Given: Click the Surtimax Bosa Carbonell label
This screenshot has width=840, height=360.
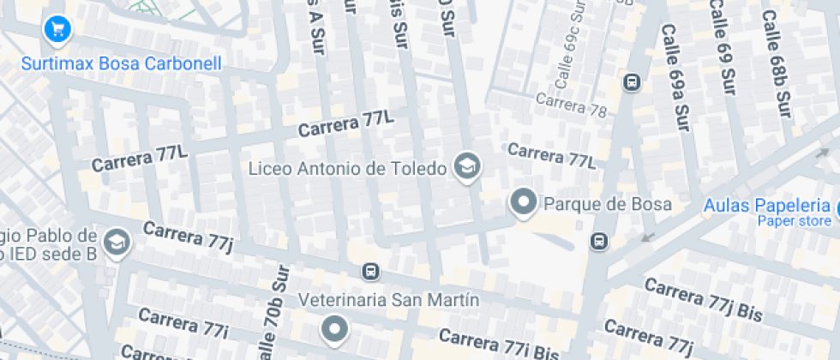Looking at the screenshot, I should [x=121, y=63].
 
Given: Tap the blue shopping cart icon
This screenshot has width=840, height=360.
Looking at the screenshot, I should [x=57, y=30].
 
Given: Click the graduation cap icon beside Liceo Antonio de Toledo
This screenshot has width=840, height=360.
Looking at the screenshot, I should [x=467, y=167].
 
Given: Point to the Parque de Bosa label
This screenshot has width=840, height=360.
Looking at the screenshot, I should [x=608, y=204].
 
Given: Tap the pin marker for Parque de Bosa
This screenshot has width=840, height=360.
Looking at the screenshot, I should [x=523, y=203].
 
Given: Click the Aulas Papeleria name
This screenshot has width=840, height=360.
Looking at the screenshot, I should [x=766, y=206].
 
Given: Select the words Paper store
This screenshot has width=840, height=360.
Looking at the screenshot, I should [x=794, y=221].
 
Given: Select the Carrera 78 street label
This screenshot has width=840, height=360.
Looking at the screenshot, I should [x=571, y=105].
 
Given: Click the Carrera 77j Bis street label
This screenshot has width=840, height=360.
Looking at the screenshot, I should [x=703, y=299].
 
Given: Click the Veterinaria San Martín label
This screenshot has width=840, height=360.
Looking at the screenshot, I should [x=388, y=300].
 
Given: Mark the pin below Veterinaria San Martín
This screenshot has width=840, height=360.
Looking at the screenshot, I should [x=333, y=328].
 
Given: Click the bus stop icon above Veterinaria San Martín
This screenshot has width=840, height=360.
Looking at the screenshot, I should [x=370, y=272].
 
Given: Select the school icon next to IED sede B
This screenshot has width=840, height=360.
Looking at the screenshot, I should [x=115, y=243].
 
